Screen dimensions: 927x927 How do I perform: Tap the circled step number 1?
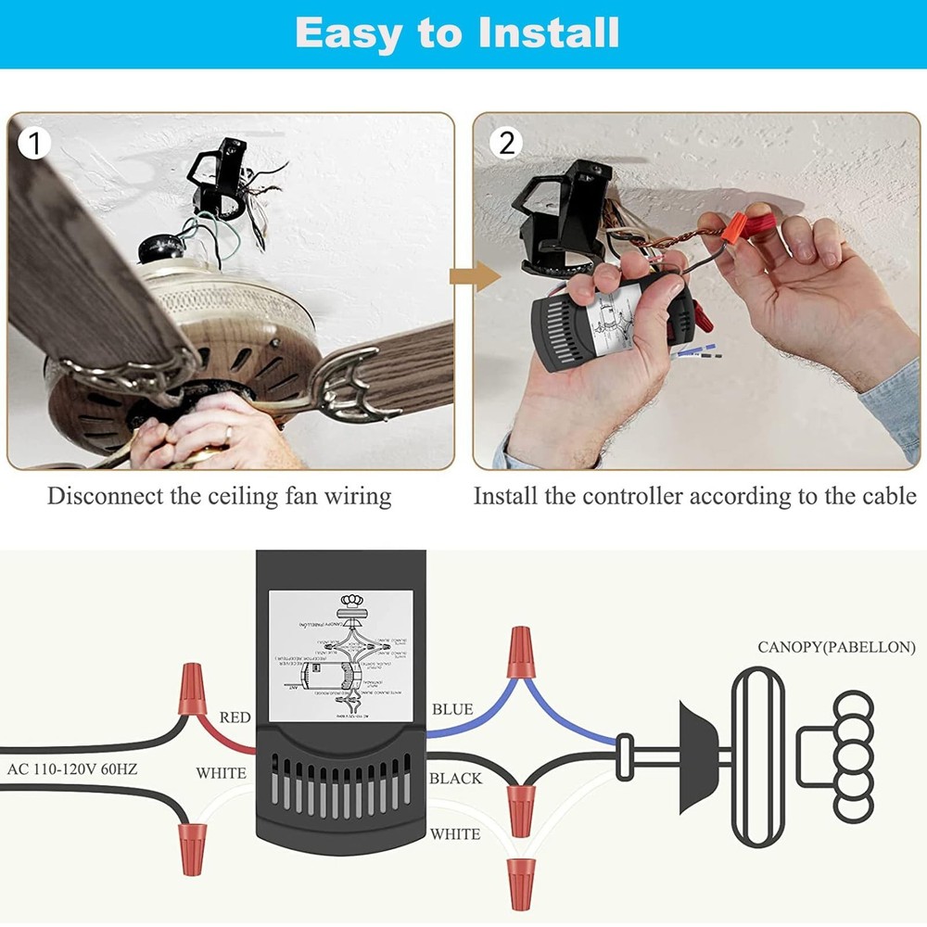tap(34, 143)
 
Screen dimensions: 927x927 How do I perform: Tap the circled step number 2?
tap(506, 143)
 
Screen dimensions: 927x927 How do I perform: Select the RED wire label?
tap(235, 717)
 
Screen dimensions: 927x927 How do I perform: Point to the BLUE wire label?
tap(452, 710)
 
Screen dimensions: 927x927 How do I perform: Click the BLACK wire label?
tap(455, 779)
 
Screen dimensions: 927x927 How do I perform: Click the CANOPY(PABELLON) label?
tap(836, 647)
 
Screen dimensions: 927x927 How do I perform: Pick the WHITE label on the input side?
tap(221, 773)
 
